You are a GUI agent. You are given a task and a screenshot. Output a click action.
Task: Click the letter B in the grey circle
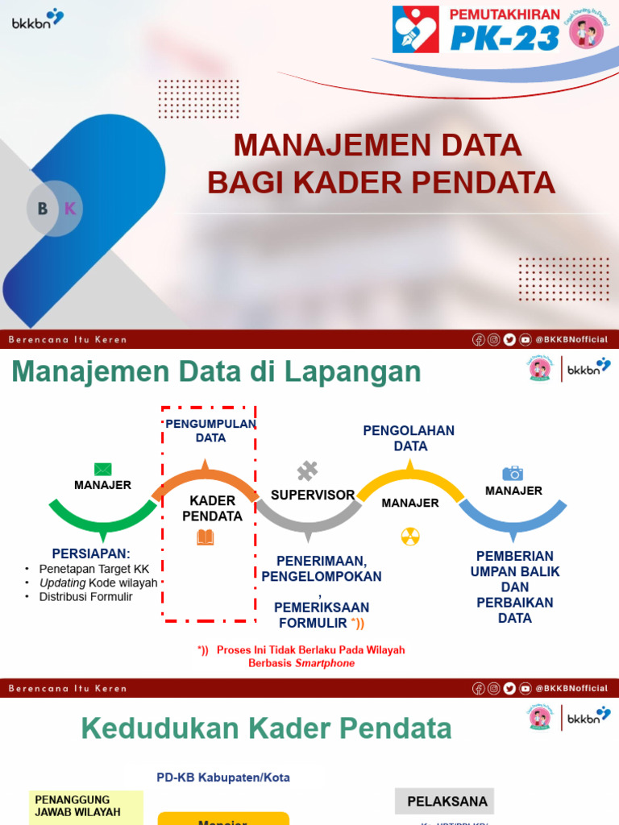(43, 209)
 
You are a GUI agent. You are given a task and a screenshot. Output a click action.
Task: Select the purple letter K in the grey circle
(70, 209)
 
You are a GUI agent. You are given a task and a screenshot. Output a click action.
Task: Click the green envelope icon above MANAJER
(102, 469)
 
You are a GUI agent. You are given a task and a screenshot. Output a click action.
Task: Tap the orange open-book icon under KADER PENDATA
(206, 537)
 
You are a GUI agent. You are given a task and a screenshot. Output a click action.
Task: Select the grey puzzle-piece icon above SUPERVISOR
(307, 471)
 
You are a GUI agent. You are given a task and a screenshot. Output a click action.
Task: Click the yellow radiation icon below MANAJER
(410, 537)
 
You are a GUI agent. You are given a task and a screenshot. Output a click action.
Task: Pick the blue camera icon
(513, 473)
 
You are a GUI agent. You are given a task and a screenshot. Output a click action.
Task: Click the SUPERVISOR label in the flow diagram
(313, 495)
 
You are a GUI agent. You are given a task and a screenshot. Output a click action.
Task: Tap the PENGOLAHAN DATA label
(409, 438)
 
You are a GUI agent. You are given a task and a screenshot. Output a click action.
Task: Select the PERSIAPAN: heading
(90, 553)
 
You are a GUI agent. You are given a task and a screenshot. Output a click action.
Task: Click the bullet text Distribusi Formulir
(85, 597)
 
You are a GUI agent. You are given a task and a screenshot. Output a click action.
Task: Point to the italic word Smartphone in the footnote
(325, 663)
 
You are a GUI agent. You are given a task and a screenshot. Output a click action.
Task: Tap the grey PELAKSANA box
(444, 802)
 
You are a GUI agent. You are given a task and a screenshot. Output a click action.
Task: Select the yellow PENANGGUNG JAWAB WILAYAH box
(87, 806)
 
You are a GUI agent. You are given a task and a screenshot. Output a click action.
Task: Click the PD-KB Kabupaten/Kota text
(223, 777)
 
